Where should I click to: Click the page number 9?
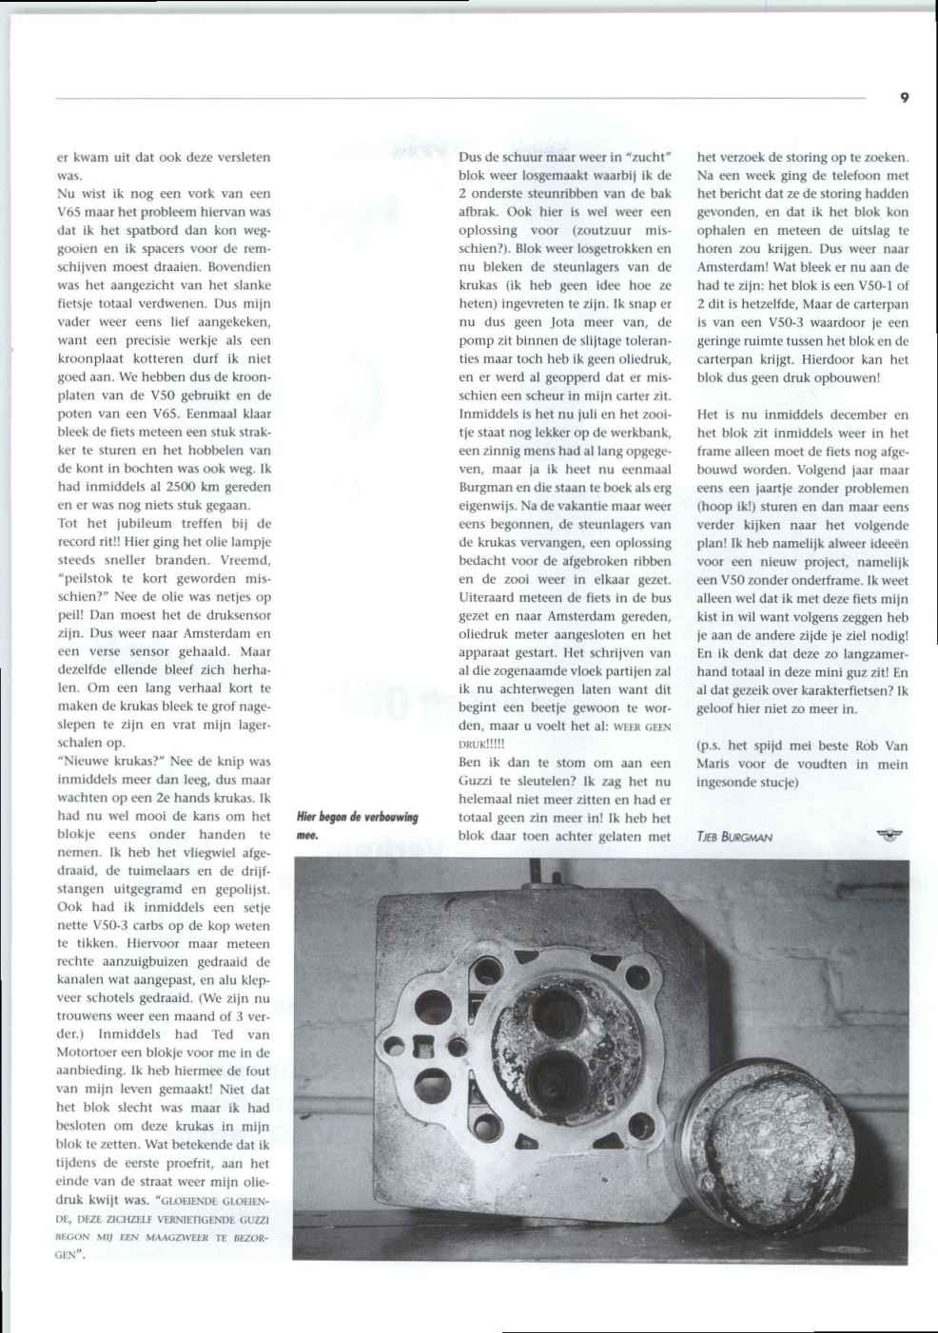(x=904, y=97)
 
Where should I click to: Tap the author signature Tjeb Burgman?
(x=733, y=838)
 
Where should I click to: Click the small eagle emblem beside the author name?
(x=890, y=836)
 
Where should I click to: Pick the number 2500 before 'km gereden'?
(x=182, y=487)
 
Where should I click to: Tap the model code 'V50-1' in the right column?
(x=872, y=285)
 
